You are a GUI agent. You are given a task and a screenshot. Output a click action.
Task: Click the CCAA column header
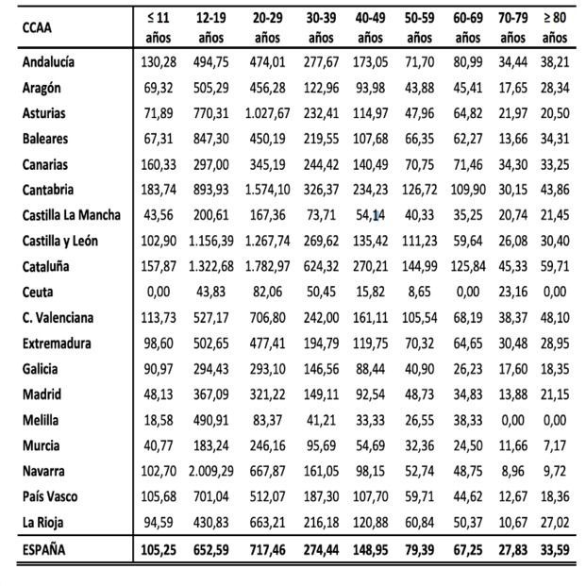pyautogui.click(x=38, y=27)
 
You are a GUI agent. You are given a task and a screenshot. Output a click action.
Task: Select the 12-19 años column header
pyautogui.click(x=211, y=27)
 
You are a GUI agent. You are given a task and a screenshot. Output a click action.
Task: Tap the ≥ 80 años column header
pyautogui.click(x=555, y=27)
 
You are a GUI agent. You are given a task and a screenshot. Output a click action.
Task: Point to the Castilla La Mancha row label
pyautogui.click(x=71, y=215)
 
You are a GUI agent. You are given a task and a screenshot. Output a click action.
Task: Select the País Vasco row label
pyautogui.click(x=52, y=495)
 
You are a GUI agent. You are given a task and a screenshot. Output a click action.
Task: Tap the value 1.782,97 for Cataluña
pyautogui.click(x=269, y=266)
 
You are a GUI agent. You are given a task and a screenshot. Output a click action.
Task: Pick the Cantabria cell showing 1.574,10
pyautogui.click(x=269, y=190)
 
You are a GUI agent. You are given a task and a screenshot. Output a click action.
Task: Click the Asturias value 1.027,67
pyautogui.click(x=269, y=113)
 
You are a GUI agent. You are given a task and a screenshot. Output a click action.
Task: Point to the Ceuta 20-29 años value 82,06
pyautogui.click(x=269, y=292)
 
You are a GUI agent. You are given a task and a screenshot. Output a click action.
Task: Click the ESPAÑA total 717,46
pyautogui.click(x=269, y=549)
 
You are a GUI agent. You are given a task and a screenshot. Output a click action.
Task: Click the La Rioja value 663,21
pyautogui.click(x=269, y=521)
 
